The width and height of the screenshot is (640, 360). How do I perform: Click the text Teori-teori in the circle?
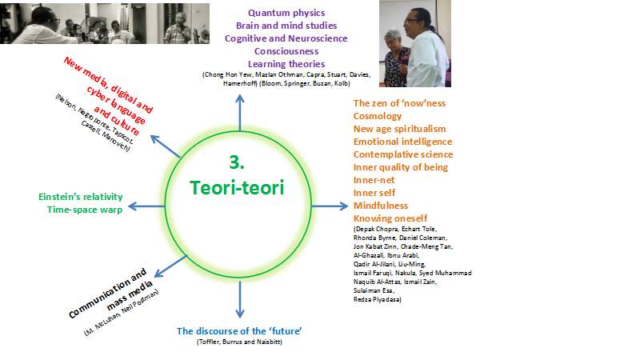237,187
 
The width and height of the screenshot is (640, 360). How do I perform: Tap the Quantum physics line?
286,13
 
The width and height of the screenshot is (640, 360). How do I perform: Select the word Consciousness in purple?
286,50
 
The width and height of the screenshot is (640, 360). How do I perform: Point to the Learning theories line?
286,63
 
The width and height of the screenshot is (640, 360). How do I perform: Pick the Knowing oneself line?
390,218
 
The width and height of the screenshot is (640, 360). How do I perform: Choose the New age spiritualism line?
399,129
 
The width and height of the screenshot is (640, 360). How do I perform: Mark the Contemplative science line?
403,154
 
